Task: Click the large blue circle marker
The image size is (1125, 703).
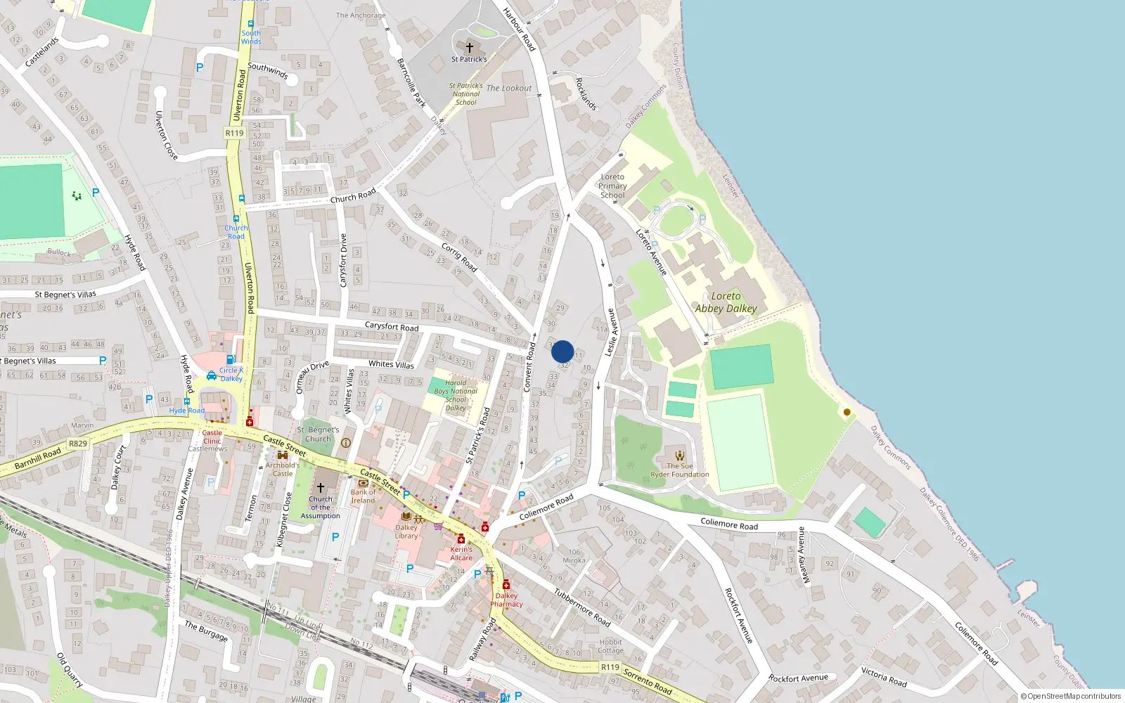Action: click(562, 351)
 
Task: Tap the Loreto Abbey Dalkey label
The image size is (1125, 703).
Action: click(726, 302)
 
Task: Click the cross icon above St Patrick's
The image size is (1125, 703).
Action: click(470, 48)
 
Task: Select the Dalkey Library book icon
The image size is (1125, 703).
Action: click(406, 517)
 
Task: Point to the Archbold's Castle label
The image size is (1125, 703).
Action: click(283, 469)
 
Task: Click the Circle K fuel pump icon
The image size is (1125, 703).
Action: click(231, 360)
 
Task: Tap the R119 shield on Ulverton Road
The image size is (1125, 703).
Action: click(234, 133)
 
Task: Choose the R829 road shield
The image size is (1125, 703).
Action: click(78, 444)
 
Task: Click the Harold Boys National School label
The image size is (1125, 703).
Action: click(456, 395)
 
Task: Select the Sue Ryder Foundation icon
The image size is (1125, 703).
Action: click(680, 456)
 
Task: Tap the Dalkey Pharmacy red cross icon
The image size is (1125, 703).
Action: click(506, 585)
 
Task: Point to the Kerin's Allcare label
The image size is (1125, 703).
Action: click(461, 553)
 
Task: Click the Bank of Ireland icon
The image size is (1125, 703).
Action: click(364, 484)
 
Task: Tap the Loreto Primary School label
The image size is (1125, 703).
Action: click(612, 186)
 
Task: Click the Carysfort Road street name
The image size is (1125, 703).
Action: click(392, 326)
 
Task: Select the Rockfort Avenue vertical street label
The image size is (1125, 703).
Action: click(738, 615)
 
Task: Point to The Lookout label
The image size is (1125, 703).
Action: click(509, 88)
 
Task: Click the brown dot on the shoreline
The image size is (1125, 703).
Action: click(847, 412)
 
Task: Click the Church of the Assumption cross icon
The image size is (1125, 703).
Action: click(321, 487)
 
